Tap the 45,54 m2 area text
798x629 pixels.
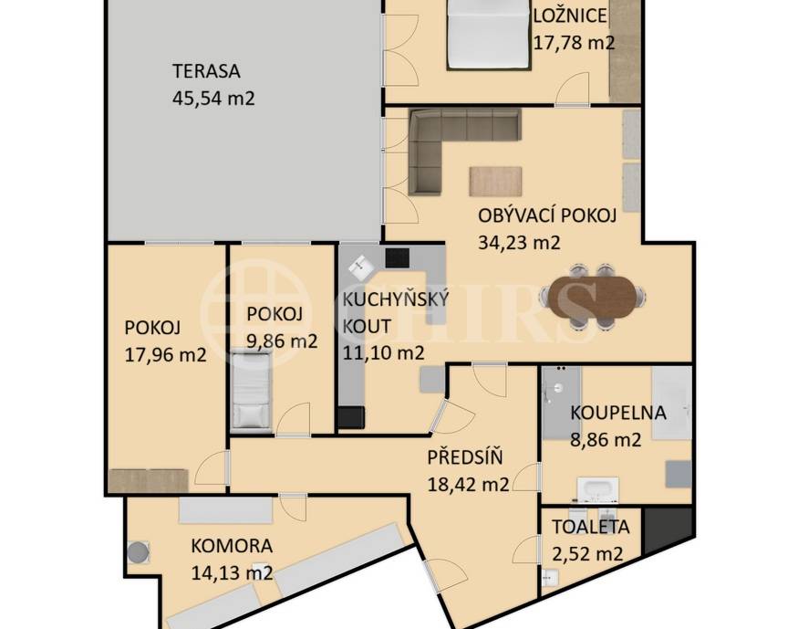point(212,97)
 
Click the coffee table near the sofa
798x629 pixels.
point(497,181)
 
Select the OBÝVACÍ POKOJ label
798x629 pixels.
point(547,216)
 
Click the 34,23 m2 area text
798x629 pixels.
point(518,243)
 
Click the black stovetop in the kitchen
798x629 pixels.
point(399,257)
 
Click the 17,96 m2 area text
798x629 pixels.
point(165,354)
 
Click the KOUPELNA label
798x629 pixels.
point(617,413)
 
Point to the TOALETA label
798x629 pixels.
point(590,527)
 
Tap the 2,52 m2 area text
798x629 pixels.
point(588,553)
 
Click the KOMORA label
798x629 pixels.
point(231,547)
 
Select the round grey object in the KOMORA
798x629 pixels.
point(138,552)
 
